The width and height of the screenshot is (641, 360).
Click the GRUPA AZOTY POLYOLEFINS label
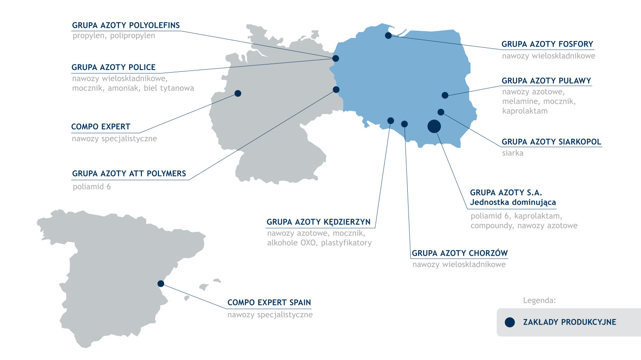click(126, 26)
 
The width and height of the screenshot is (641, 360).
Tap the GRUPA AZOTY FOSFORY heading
click(547, 44)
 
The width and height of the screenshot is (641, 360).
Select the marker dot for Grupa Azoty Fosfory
click(388, 35)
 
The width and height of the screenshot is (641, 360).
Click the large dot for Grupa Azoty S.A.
click(434, 126)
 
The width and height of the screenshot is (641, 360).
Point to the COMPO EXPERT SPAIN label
click(269, 303)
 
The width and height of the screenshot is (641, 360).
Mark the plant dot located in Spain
click(161, 284)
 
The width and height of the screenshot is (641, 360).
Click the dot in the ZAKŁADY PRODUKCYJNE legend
click(510, 322)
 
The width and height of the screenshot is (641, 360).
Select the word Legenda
click(539, 301)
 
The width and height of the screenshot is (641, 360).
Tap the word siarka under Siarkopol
click(512, 153)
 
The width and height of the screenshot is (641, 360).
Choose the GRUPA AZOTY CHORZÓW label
click(459, 253)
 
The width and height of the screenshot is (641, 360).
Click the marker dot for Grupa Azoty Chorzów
click(404, 124)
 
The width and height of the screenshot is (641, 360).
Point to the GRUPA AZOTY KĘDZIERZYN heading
click(318, 222)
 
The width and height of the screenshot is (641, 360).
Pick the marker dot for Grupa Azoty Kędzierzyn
click(391, 121)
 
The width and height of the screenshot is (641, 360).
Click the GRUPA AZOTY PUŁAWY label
click(546, 81)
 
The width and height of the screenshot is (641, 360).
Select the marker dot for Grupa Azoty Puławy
click(445, 95)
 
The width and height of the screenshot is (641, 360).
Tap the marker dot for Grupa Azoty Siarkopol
click(441, 112)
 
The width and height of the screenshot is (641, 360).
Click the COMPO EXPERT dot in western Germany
click(238, 94)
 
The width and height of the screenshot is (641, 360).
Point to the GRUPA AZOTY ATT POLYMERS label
click(129, 174)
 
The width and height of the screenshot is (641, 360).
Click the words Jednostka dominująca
click(513, 202)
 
